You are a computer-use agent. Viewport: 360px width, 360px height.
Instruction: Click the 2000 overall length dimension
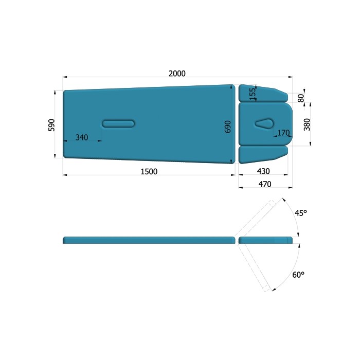[177, 74]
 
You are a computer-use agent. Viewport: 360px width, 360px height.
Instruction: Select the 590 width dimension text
[51, 125]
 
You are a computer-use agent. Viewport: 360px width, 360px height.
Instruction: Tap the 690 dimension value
[227, 127]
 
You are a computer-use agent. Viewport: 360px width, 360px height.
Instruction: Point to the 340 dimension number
[82, 137]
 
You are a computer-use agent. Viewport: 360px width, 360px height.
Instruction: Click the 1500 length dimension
[149, 171]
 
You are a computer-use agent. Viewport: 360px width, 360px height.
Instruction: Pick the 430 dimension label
[263, 171]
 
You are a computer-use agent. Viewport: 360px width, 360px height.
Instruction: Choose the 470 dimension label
[265, 184]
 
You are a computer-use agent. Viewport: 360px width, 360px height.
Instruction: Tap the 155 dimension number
[253, 94]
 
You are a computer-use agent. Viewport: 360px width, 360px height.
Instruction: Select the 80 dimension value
[301, 98]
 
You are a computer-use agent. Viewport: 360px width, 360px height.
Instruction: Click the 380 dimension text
[307, 124]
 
